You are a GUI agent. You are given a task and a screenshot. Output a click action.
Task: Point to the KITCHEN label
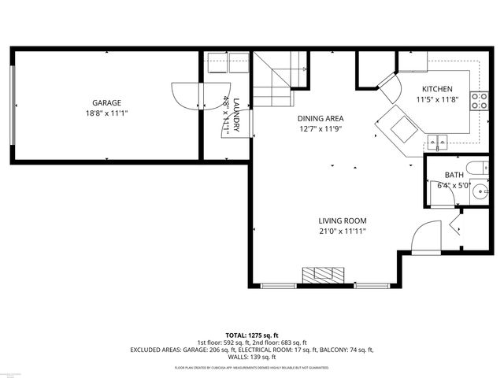437,89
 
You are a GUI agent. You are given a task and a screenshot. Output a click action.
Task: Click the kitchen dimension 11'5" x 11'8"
437,100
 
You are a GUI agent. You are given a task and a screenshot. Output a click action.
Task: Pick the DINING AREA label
321,118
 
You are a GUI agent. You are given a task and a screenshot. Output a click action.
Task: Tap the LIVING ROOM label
343,220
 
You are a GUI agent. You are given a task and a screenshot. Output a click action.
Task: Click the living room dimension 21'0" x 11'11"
343,232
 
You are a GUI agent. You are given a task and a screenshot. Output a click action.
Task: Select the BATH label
454,175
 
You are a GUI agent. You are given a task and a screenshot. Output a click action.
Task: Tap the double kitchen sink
438,143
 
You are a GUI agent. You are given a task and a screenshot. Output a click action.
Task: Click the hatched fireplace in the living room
324,275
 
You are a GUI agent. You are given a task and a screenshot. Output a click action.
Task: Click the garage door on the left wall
13,106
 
